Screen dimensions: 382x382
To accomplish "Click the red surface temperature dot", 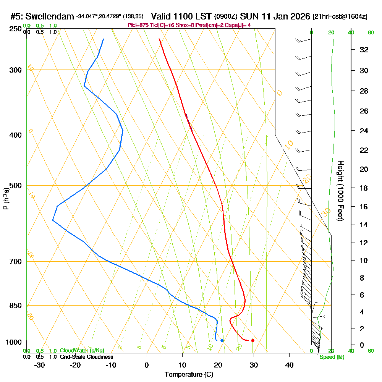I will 253,340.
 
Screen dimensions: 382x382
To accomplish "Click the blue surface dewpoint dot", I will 222,340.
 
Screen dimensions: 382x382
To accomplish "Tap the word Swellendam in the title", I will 52,16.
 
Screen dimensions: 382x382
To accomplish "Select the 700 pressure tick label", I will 16,262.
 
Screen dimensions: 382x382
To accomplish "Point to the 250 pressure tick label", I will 16,29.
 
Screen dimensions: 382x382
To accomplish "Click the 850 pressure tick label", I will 16,306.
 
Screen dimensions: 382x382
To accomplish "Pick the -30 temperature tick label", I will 40,365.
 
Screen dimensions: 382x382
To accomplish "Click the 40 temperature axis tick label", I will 289,365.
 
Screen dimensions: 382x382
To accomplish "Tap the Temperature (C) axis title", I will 189,375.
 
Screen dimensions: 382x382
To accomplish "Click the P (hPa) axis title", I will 6,199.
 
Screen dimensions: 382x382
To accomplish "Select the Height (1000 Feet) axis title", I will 340,191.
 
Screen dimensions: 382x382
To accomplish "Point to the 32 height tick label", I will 364,50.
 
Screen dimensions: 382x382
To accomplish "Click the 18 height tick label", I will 364,188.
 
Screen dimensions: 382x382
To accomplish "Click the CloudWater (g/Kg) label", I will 82,351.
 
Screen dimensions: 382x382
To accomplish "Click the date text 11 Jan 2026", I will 283,16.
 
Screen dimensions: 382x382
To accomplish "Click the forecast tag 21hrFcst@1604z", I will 340,16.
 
